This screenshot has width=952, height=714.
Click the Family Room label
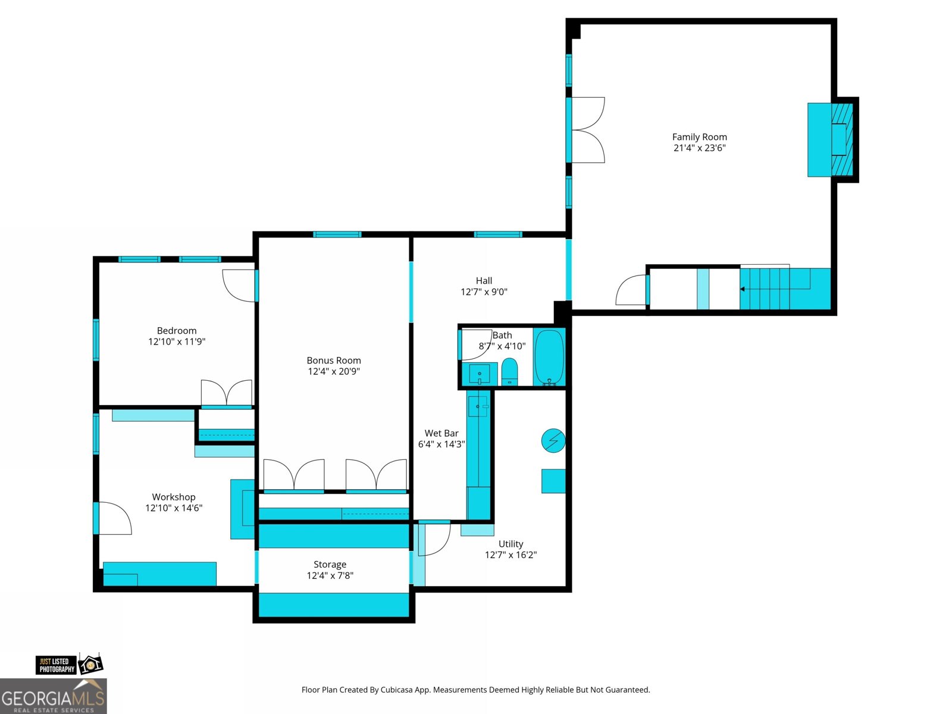click(699, 137)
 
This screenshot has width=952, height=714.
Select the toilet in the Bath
click(509, 371)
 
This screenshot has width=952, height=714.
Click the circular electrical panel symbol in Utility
click(553, 441)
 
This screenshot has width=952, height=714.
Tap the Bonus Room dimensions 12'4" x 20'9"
click(334, 371)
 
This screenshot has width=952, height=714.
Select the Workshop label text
click(174, 497)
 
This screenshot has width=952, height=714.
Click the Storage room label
click(330, 565)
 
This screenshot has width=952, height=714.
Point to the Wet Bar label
click(441, 433)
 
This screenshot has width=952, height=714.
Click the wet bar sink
click(478, 406)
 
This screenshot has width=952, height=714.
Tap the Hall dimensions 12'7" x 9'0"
click(484, 292)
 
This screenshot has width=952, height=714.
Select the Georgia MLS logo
click(54, 696)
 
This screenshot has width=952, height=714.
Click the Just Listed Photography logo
click(70, 665)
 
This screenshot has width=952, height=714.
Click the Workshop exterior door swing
click(115, 518)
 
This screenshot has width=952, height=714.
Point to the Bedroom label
click(177, 331)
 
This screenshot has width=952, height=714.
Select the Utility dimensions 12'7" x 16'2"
click(511, 555)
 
